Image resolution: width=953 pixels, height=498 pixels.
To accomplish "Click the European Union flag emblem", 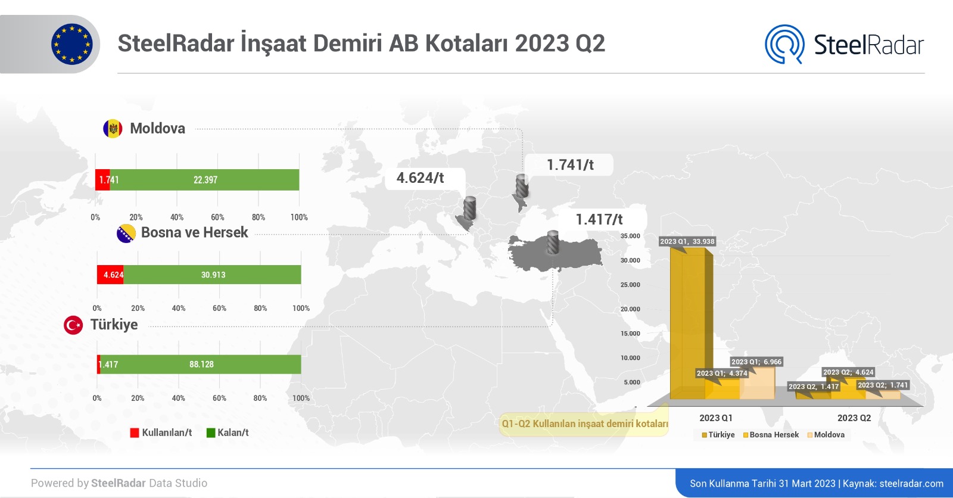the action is [72, 44].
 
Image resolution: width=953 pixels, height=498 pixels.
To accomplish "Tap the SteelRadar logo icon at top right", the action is [784, 44].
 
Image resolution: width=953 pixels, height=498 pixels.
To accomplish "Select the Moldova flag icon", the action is [113, 128].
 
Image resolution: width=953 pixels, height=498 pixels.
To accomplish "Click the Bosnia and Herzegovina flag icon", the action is [126, 234].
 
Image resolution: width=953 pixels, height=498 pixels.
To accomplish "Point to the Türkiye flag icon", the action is [73, 325].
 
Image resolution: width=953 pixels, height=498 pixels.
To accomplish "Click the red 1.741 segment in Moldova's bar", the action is [102, 180].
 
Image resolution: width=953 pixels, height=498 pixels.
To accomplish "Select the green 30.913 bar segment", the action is [212, 275].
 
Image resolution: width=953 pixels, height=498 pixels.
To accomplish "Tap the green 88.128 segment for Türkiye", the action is [201, 365].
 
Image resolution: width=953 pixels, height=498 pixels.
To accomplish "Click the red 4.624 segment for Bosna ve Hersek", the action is [110, 275].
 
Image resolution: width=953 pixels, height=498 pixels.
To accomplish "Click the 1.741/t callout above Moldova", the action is [569, 165].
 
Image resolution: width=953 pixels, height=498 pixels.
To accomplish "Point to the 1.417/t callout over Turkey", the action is [600, 220].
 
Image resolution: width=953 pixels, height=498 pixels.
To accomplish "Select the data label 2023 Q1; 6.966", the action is [756, 362].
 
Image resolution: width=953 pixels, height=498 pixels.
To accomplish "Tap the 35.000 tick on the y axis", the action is [630, 236].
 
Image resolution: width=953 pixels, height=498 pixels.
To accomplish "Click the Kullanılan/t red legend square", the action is [135, 433].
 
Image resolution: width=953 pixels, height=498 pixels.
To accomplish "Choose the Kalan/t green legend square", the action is [211, 433].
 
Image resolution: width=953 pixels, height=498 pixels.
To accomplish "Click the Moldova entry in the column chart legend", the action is [826, 435].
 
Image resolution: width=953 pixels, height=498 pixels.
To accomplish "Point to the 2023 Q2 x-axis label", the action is [854, 418].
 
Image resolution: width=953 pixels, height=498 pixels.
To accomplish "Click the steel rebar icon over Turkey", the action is [553, 242].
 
